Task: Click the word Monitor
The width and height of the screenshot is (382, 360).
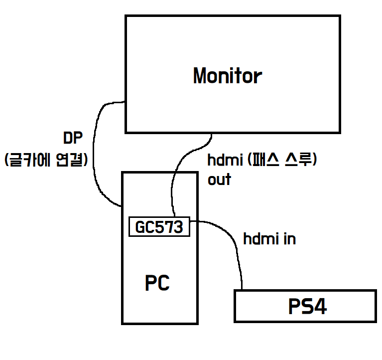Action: coord(227,76)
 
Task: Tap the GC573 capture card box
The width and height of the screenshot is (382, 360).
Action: coord(159,227)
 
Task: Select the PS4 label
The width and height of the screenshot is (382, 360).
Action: coord(307,307)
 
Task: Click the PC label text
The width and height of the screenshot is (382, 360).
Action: coord(157,283)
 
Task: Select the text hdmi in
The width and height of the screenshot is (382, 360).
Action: coord(269,239)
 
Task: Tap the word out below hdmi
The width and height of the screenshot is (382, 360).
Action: coord(219,180)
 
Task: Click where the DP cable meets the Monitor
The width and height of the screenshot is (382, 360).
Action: coord(125,102)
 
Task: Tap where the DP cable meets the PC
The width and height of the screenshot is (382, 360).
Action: coord(122,205)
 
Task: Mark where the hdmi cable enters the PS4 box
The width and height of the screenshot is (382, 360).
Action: coord(243,290)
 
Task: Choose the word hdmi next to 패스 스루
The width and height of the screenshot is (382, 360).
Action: coord(223,161)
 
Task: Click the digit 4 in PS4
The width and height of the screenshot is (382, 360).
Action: coord(320,307)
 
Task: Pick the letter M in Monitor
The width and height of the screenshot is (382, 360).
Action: coord(200,76)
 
